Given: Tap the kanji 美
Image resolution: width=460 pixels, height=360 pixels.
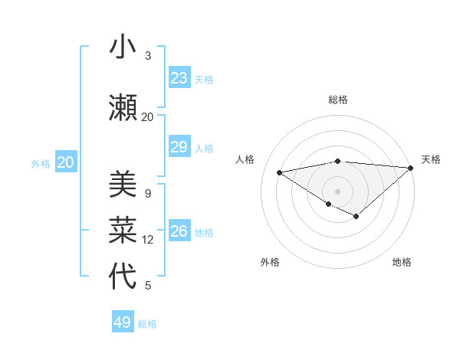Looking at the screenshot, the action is (x=123, y=185).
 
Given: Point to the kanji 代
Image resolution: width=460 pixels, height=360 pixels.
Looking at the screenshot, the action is (x=123, y=276).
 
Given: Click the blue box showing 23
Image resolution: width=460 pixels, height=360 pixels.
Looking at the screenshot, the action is (x=179, y=78).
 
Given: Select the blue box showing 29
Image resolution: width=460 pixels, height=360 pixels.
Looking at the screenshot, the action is (x=179, y=147).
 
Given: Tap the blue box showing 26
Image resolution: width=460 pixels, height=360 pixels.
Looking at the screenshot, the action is (x=179, y=231).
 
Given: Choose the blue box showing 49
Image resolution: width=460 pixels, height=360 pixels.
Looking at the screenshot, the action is (x=123, y=322).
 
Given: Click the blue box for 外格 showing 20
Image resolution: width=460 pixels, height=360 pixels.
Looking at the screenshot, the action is (x=66, y=162).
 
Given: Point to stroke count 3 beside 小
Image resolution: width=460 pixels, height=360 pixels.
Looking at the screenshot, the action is (x=148, y=56).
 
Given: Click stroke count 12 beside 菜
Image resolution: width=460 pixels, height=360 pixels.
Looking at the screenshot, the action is (x=148, y=240).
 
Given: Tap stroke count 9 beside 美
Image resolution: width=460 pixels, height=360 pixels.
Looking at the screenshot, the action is (x=148, y=194).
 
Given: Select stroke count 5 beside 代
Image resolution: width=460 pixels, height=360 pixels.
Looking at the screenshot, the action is (x=148, y=286).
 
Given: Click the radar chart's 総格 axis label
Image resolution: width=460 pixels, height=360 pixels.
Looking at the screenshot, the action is (x=338, y=100).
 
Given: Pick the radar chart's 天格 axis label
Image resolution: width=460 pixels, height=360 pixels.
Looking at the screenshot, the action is (x=431, y=159).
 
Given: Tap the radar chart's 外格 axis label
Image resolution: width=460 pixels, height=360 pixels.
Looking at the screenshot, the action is (x=270, y=262).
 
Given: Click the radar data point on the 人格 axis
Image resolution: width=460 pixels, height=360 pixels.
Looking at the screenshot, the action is (x=280, y=172).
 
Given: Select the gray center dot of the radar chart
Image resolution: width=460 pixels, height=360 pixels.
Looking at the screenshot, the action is (x=337, y=190).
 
